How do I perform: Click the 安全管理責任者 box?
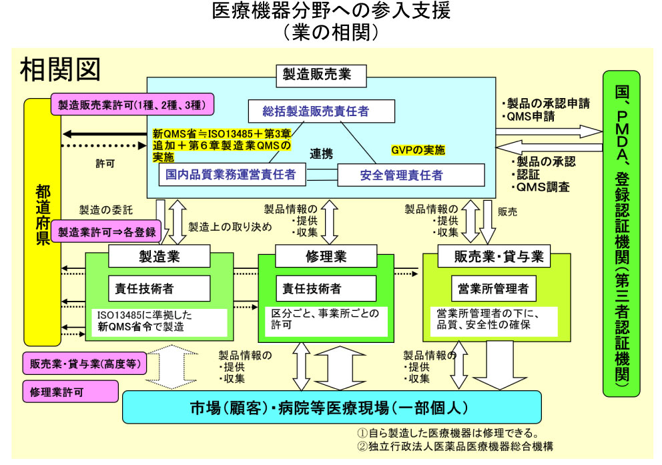[x=410, y=175]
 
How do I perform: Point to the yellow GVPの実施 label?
[x=418, y=150]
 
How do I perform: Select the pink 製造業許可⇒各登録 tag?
[x=106, y=232]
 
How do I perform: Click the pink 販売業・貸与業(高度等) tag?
[x=85, y=364]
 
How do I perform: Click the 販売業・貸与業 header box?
[x=499, y=256]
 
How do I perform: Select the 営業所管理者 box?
[x=493, y=288]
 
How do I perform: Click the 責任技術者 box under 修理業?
[x=312, y=288]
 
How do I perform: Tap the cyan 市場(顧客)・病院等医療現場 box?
[x=331, y=407]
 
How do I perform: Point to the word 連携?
[x=321, y=153]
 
